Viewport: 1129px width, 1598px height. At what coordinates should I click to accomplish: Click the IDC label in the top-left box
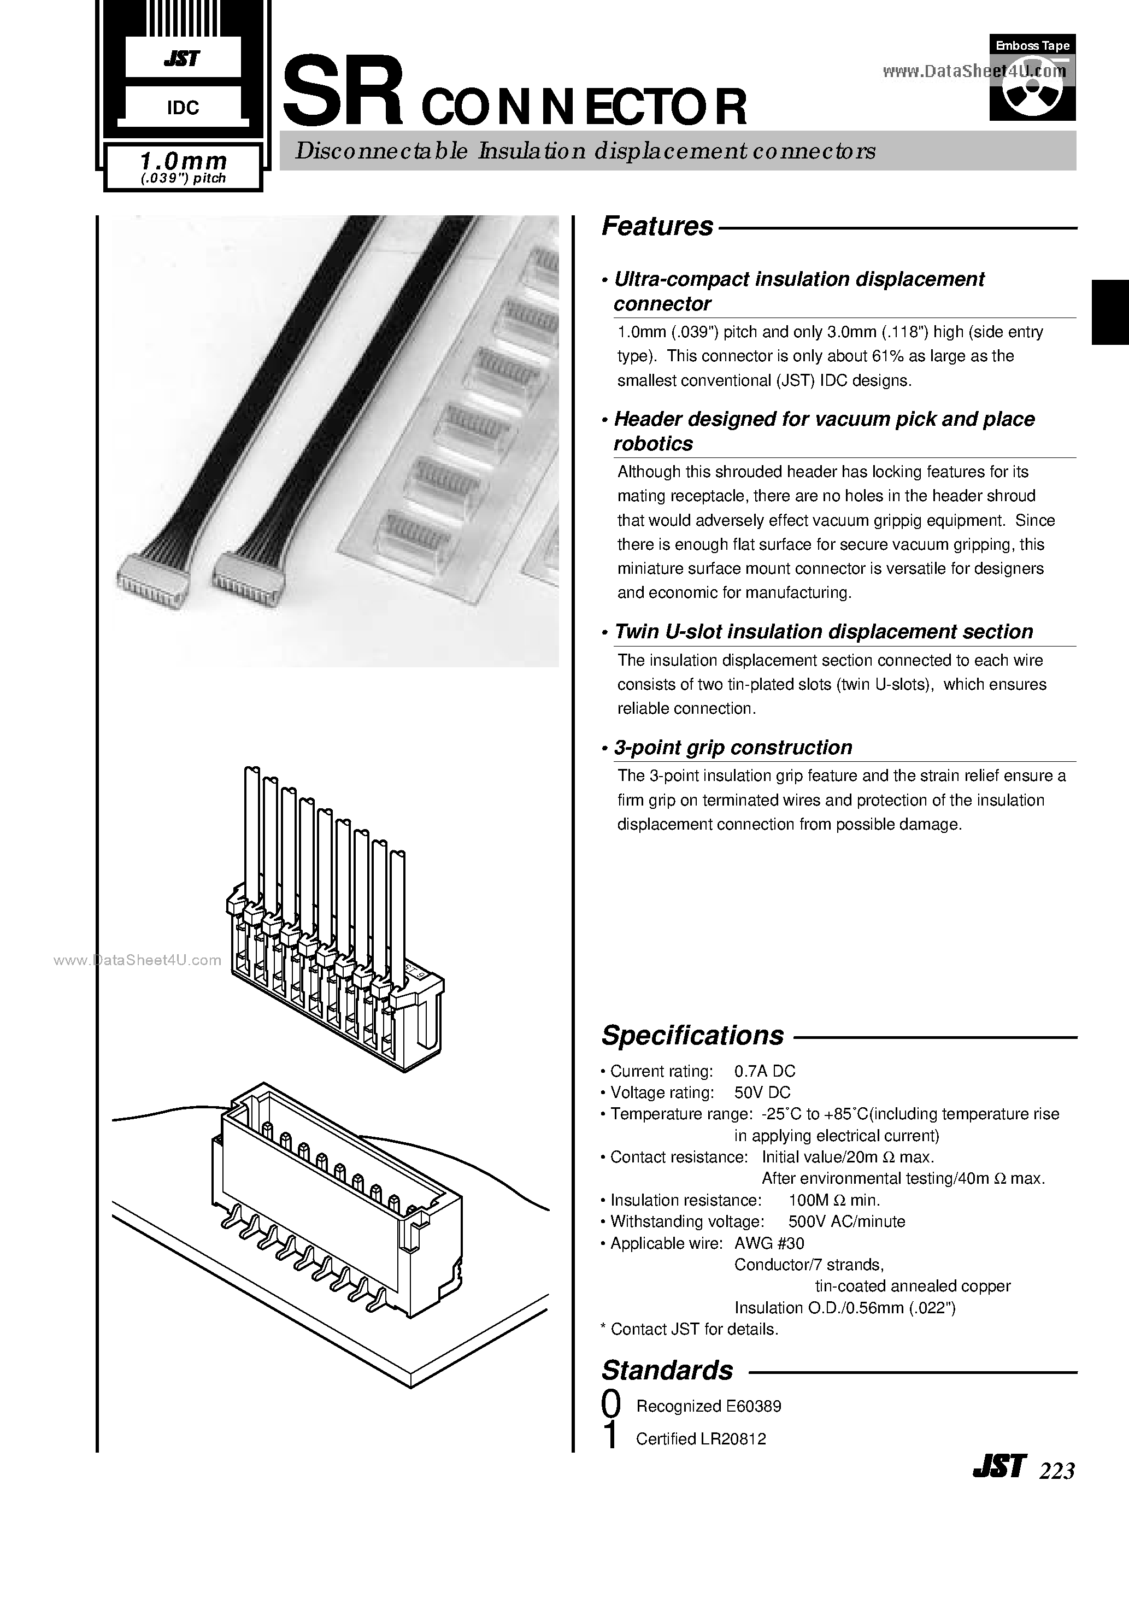click(x=183, y=107)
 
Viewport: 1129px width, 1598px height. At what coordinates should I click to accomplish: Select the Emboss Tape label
click(x=1032, y=45)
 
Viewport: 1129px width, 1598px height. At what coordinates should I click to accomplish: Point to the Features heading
click(x=657, y=226)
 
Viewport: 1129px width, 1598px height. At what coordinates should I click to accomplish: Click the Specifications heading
click(x=692, y=1035)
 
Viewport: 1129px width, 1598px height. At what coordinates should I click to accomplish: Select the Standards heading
click(x=667, y=1370)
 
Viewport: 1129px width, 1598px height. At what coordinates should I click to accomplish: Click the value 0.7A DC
click(x=765, y=1071)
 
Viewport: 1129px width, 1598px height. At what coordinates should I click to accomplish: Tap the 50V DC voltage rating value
click(x=762, y=1092)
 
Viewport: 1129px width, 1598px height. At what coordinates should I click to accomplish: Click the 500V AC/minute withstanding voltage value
click(x=846, y=1221)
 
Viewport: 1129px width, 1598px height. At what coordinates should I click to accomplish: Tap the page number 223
click(x=1057, y=1471)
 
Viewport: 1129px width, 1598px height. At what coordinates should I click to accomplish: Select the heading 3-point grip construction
click(x=733, y=748)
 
